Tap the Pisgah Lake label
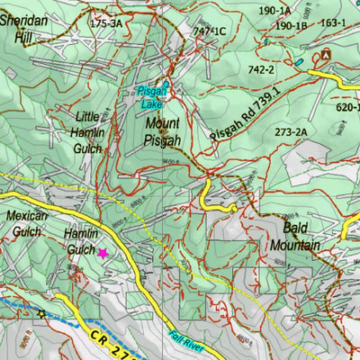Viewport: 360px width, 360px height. click(151, 96)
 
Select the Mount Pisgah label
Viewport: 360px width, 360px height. click(163, 131)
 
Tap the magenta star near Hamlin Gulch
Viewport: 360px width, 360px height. click(103, 254)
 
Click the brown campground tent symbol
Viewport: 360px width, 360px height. click(324, 56)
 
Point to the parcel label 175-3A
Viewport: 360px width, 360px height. click(106, 24)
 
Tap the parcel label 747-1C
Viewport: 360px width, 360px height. click(209, 31)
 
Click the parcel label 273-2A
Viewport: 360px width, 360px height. click(292, 132)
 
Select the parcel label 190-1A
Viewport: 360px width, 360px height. click(274, 11)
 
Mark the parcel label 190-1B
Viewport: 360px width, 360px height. click(291, 26)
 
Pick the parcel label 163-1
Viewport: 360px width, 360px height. click(332, 22)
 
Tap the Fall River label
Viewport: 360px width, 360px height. click(184, 341)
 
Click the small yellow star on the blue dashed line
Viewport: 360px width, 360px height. click(40, 313)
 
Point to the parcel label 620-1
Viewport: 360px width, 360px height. click(346, 106)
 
